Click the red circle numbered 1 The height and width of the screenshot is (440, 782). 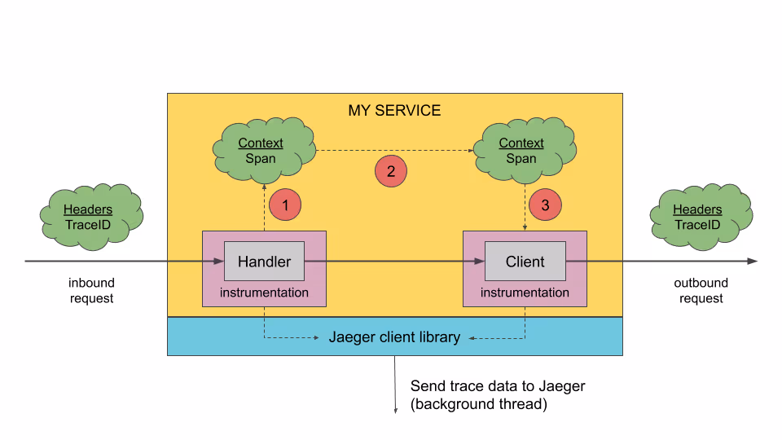tap(285, 205)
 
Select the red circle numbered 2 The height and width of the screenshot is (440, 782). tap(391, 171)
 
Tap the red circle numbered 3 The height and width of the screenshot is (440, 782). tap(545, 205)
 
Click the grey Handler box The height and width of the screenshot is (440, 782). tap(264, 262)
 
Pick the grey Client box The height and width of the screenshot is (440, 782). tap(525, 262)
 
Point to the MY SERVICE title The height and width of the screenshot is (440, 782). tap(394, 110)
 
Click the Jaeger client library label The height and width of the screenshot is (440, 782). tap(394, 337)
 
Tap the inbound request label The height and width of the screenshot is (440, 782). tap(92, 290)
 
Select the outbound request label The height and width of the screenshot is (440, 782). tap(701, 290)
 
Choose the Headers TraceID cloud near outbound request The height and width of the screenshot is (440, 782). tap(701, 217)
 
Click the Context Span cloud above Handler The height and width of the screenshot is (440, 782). tap(264, 150)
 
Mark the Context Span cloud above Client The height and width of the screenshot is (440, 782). tap(525, 150)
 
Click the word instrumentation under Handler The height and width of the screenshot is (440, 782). tap(264, 293)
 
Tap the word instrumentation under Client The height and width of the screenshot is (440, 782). tap(525, 293)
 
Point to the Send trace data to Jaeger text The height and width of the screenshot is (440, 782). tap(498, 386)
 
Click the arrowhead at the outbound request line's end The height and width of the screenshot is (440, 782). tap(753, 261)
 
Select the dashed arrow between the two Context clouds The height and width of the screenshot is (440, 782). tap(395, 150)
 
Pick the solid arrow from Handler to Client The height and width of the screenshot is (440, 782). tap(394, 261)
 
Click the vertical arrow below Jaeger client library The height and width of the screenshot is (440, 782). tap(396, 385)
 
